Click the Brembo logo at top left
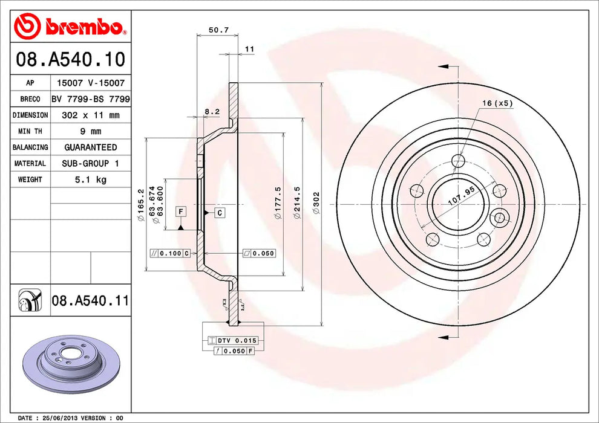click(70, 26)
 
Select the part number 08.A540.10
click(70, 59)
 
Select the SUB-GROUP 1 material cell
click(90, 163)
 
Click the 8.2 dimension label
click(211, 111)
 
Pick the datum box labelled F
click(180, 211)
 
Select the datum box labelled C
click(219, 212)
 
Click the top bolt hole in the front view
click(459, 161)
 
